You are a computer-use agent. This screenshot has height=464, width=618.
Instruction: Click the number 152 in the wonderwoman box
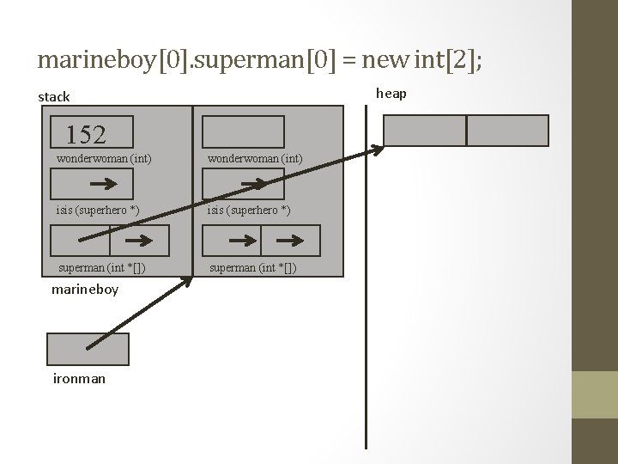(x=86, y=134)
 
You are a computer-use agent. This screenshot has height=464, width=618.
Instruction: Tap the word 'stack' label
(x=54, y=97)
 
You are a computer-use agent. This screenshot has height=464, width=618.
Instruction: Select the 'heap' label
(x=391, y=93)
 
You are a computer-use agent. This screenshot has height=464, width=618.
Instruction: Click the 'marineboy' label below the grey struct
(x=85, y=290)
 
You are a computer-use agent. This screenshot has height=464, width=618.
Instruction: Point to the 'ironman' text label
(x=79, y=378)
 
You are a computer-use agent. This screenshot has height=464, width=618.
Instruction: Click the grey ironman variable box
(x=88, y=349)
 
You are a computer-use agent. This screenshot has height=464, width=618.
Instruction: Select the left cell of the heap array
(x=424, y=131)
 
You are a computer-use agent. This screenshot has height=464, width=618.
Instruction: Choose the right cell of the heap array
(x=507, y=131)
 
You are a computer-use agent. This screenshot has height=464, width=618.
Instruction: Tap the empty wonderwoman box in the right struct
(x=243, y=131)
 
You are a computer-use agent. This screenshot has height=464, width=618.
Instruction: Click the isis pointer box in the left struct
(x=92, y=184)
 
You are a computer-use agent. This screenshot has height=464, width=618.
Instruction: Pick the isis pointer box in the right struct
(x=243, y=184)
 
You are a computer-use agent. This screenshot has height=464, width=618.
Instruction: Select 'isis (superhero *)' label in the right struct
(x=247, y=211)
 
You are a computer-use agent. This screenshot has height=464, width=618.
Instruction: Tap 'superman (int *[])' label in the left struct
(x=100, y=268)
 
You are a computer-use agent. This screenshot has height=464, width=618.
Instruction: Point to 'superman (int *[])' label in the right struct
(x=252, y=268)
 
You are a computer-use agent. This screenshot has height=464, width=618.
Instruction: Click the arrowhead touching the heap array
(x=378, y=151)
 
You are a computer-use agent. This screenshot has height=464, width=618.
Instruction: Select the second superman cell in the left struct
(x=141, y=241)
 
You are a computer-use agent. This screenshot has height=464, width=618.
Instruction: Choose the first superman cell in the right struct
(x=232, y=241)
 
